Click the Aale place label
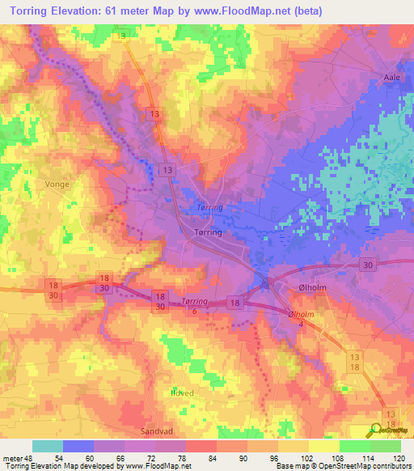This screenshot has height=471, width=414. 391,78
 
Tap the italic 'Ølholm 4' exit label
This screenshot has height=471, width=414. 301,319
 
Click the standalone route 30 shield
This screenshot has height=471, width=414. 368,265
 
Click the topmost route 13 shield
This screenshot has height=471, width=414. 122,36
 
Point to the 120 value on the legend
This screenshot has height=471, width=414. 398,458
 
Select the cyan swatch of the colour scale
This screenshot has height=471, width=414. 48,446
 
